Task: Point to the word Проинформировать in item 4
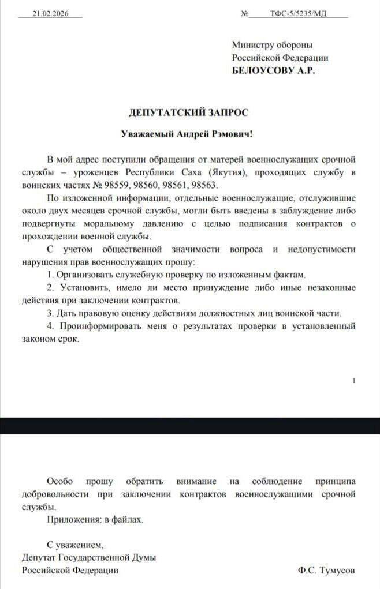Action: pos(95,327)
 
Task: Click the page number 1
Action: pos(353,380)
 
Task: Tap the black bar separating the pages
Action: pos(190,426)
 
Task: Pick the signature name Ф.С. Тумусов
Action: pos(327,570)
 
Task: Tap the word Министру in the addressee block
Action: pos(252,44)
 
